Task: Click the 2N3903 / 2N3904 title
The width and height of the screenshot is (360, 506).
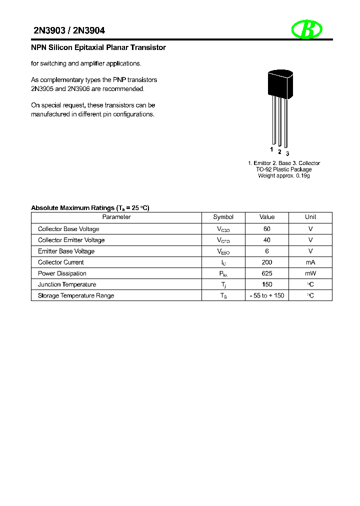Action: pyautogui.click(x=69, y=31)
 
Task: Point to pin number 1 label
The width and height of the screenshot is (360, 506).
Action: pyautogui.click(x=271, y=149)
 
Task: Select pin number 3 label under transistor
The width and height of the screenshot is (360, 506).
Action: pyautogui.click(x=287, y=153)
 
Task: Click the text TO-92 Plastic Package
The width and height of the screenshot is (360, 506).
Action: pyautogui.click(x=283, y=169)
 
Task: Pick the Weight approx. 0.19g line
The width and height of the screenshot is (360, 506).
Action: pyautogui.click(x=283, y=176)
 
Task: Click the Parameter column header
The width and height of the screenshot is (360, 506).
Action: pyautogui.click(x=116, y=217)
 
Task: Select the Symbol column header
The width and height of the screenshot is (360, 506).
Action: pyautogui.click(x=223, y=217)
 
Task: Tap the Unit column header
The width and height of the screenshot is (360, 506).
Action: pyautogui.click(x=310, y=217)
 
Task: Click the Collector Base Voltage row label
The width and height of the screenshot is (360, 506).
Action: pyautogui.click(x=68, y=229)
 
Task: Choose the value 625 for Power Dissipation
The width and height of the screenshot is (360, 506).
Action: pyautogui.click(x=267, y=273)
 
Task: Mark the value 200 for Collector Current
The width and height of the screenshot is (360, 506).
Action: pyautogui.click(x=267, y=262)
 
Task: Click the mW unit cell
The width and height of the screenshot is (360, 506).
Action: pyautogui.click(x=310, y=273)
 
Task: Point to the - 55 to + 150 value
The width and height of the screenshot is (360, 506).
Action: pyautogui.click(x=267, y=295)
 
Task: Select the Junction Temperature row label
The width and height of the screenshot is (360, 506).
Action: pyautogui.click(x=67, y=284)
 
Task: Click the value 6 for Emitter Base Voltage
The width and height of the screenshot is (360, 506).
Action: pyautogui.click(x=267, y=251)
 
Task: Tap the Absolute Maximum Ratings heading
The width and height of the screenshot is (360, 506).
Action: pyautogui.click(x=90, y=207)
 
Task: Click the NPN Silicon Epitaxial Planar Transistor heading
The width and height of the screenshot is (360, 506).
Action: pyautogui.click(x=98, y=48)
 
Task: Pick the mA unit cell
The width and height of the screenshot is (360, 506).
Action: pyautogui.click(x=310, y=262)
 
